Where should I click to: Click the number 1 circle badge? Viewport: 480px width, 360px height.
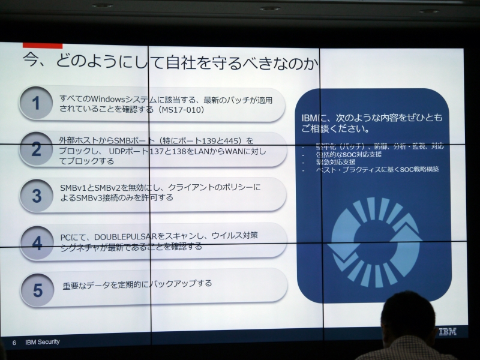point(36,103)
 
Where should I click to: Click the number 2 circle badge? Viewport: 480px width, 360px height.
point(36,149)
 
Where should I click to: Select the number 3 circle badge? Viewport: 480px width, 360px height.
point(37,196)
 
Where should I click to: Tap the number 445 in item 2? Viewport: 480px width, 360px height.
point(232,140)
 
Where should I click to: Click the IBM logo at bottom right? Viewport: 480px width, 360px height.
point(447,331)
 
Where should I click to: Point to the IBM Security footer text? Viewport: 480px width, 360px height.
point(42,342)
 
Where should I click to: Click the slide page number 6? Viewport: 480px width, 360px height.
point(14,342)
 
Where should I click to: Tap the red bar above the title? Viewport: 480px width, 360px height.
point(43,45)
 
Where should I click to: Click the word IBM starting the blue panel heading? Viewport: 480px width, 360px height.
point(310,118)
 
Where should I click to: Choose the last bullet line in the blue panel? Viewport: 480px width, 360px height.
point(377,170)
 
